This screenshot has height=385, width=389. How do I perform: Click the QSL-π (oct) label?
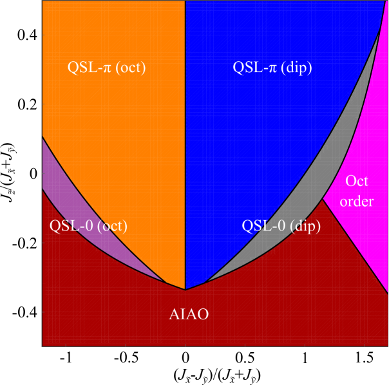pos(106,67)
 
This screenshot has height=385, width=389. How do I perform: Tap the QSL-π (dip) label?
pos(272,67)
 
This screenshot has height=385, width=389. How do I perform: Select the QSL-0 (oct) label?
pos(88,226)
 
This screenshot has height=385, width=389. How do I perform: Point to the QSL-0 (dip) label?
pos(281,226)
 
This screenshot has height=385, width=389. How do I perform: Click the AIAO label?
pos(189,314)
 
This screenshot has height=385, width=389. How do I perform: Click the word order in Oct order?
pos(356,202)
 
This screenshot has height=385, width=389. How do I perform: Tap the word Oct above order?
pos(357,181)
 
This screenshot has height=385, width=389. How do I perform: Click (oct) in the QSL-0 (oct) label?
pos(109,226)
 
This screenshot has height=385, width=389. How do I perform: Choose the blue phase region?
pos(258,142)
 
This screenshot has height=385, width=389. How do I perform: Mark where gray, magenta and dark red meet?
pos(322,198)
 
